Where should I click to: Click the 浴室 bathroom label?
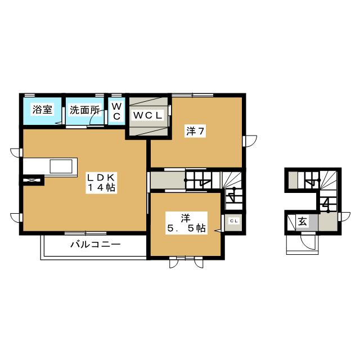[43, 110]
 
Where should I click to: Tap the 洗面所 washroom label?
[85, 110]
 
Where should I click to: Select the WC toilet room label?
[116, 111]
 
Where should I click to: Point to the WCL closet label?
[147, 115]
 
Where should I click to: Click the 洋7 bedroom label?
[195, 131]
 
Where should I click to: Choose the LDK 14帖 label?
[101, 182]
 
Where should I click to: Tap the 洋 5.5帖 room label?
[186, 223]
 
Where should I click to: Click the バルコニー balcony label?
[95, 244]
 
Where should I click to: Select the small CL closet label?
[234, 221]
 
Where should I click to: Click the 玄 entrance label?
[303, 222]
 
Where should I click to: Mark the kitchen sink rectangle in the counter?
[61, 166]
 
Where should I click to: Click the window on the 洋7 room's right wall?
[250, 141]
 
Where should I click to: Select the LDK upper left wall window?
[16, 152]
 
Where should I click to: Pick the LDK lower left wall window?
[16, 218]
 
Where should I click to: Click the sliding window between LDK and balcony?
[85, 233]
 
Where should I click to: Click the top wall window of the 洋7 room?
[192, 95]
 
